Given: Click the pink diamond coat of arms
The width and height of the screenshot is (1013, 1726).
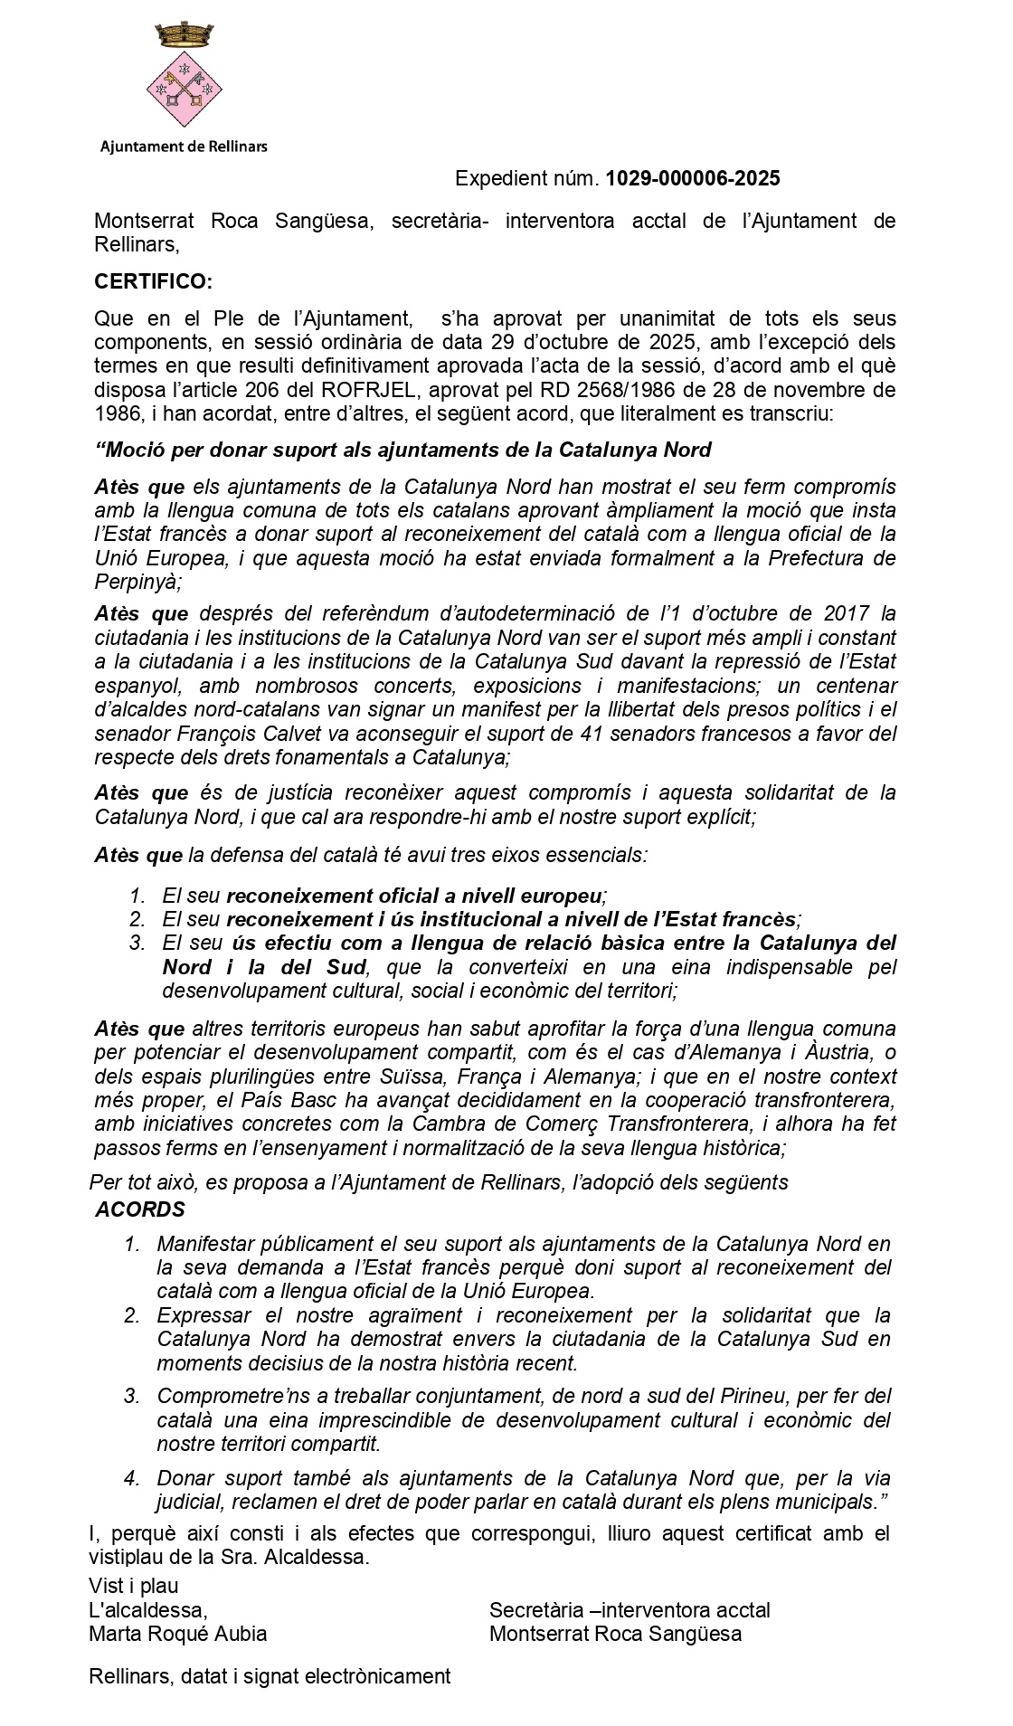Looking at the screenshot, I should click(x=185, y=90).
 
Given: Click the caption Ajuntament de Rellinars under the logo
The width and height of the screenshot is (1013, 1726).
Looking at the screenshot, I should click(x=184, y=146).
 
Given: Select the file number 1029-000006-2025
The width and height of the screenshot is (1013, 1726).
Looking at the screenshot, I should click(x=692, y=178).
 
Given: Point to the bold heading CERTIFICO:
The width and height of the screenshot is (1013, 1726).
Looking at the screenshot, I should click(x=153, y=281).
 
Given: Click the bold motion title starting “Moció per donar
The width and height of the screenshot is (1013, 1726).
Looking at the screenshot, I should click(x=402, y=450).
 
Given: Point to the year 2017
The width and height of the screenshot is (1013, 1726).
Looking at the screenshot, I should click(x=849, y=614).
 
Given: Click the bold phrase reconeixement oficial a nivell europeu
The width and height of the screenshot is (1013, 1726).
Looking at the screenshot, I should click(x=414, y=896).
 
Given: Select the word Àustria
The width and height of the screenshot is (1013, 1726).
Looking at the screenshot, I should click(x=833, y=1053).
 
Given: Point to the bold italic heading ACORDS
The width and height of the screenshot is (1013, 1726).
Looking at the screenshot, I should click(x=140, y=1209).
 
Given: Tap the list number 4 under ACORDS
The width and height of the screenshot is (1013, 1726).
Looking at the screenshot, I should click(x=132, y=1478).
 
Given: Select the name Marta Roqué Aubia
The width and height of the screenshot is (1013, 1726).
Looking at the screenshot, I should click(x=177, y=1634).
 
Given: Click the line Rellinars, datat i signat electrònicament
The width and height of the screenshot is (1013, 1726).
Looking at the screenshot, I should click(x=270, y=1676).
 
